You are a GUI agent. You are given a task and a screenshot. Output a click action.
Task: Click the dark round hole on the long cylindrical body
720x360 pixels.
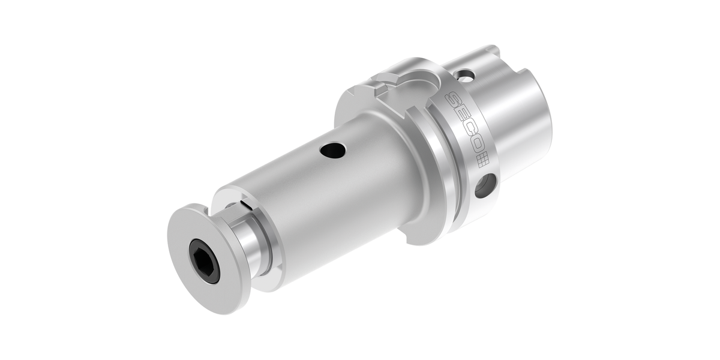[x=332, y=151]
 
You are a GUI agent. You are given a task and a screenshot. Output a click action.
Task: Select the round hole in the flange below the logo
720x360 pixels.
[x=485, y=185]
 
